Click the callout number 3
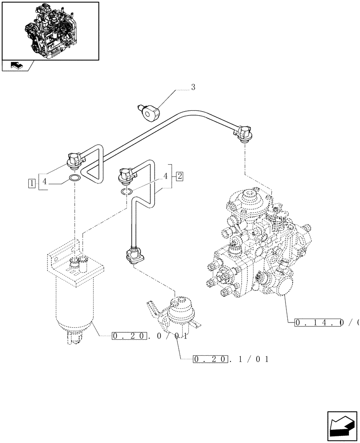point(193,88)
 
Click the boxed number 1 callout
point(31,183)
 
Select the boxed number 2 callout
point(179,176)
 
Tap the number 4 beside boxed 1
point(44,181)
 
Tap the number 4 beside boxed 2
point(166,176)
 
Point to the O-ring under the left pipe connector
point(74,179)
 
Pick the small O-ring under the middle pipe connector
point(127,191)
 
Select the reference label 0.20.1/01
point(231,359)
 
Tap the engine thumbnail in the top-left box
point(50,30)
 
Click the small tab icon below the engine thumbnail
point(17,66)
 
